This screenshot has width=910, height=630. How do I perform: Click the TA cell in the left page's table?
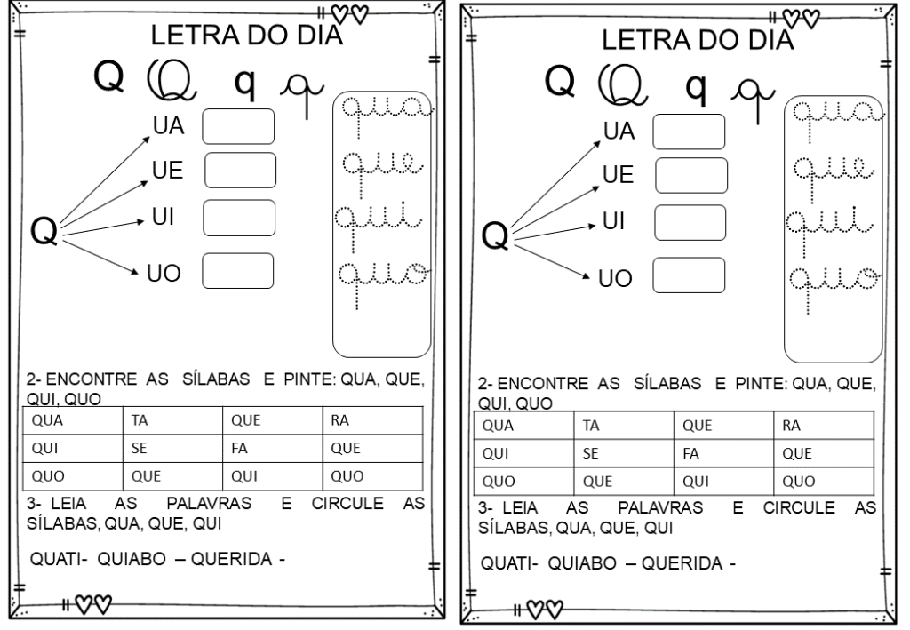(x=172, y=420)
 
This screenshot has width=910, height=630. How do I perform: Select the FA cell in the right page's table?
(x=723, y=453)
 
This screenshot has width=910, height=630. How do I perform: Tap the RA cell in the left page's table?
(x=372, y=420)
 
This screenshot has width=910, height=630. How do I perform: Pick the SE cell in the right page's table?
(x=624, y=453)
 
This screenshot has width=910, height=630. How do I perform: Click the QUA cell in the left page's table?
(x=73, y=420)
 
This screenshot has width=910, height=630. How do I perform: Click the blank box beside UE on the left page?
(x=240, y=170)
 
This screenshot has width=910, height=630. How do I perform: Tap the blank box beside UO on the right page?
(x=689, y=275)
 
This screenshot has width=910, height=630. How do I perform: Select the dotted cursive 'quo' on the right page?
(x=834, y=288)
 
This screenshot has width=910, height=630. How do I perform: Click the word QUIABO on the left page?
(x=132, y=559)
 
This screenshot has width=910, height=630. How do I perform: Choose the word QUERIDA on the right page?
(x=682, y=563)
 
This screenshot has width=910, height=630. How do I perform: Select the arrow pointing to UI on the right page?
(x=555, y=231)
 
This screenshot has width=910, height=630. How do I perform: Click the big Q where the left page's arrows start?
(x=44, y=230)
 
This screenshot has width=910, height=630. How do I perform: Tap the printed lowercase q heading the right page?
(x=696, y=87)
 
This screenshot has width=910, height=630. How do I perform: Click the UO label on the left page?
(x=164, y=273)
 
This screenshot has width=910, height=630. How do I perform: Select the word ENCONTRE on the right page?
(x=542, y=384)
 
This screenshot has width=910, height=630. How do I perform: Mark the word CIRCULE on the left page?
(x=347, y=503)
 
